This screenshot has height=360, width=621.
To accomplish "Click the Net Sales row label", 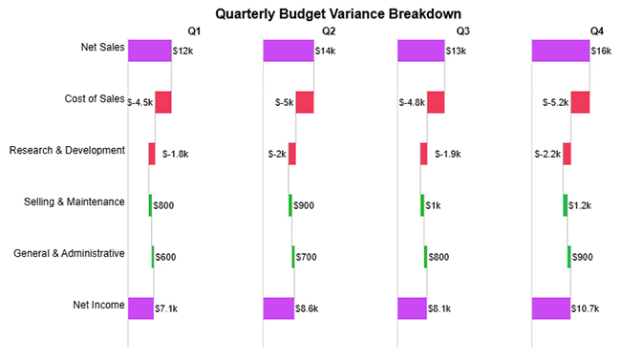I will tap(99, 47).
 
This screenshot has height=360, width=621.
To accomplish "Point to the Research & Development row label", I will tap(67, 150).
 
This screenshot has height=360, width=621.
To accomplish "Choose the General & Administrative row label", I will tap(69, 253).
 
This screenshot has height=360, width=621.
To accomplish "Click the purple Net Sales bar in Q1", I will tap(150, 51).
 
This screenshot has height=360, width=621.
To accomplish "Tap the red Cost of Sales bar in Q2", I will tap(305, 102).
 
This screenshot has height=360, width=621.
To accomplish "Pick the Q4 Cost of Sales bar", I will tap(580, 102).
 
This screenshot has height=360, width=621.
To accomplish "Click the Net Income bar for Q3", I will tap(413, 308).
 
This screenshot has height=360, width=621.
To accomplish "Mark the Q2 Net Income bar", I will tap(279, 308).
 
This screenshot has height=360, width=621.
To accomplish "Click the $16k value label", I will tap(601, 51).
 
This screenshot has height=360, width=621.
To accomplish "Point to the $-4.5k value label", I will tap(139, 102).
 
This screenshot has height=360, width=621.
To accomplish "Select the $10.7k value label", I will tap(586, 308).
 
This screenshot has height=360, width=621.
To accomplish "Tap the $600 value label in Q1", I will tap(164, 257).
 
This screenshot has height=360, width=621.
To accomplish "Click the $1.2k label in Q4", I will tap(580, 205).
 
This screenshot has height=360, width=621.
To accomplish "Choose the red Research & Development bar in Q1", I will tap(152, 154).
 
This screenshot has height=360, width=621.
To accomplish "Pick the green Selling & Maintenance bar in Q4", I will tap(565, 205).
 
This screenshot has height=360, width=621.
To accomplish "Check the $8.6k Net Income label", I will tap(309, 308).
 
